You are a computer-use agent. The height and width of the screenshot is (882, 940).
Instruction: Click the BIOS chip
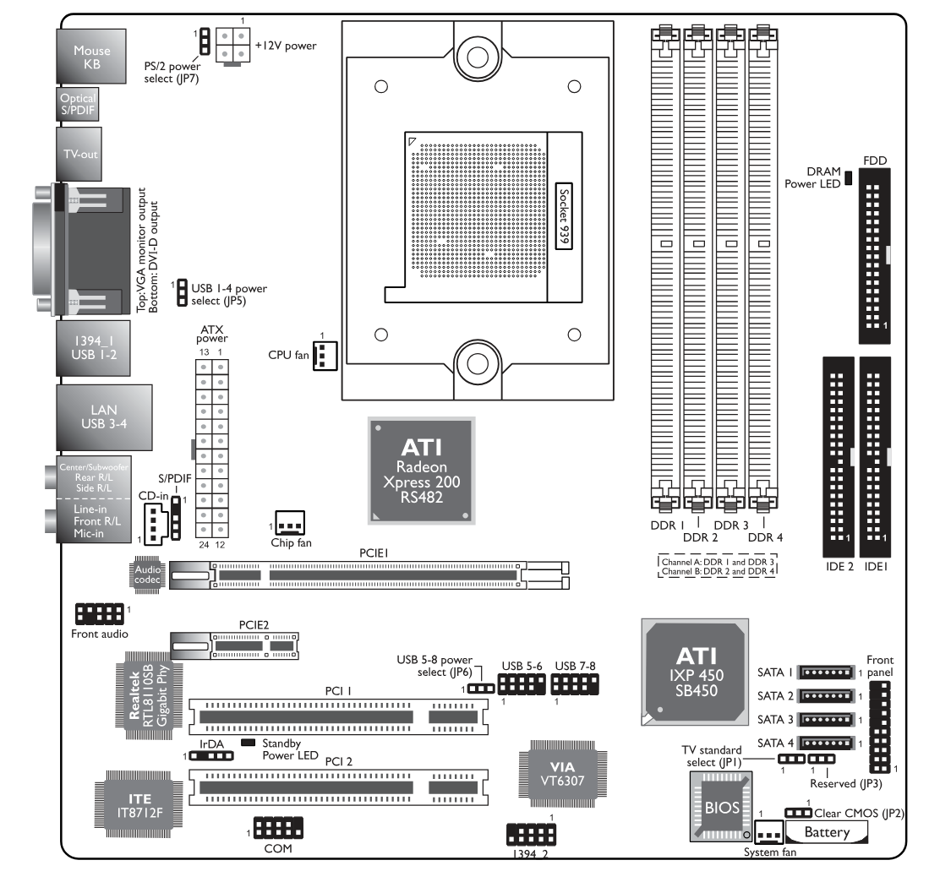tap(721, 807)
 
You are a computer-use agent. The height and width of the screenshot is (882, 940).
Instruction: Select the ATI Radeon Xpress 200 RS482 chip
tap(422, 471)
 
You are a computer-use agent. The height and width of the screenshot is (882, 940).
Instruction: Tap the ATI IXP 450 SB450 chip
tap(696, 672)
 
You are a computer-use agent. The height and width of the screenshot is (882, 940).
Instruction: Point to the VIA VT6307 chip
tap(562, 774)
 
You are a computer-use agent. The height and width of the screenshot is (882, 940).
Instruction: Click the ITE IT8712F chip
tap(139, 805)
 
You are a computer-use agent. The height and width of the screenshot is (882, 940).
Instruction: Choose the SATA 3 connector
tap(826, 720)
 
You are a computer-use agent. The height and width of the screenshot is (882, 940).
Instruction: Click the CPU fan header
tap(325, 356)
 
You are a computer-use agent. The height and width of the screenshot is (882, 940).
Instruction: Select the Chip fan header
tap(290, 523)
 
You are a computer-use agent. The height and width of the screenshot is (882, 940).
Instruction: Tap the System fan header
tap(768, 832)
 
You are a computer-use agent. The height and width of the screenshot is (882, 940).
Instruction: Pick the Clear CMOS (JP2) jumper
tap(799, 813)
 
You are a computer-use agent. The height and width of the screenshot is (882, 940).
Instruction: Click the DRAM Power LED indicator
tap(848, 177)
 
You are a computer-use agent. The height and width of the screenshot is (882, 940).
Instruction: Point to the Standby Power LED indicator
tap(248, 743)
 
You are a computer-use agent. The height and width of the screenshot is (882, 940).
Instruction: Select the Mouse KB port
tap(91, 57)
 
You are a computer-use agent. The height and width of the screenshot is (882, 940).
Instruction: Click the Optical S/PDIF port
tap(77, 104)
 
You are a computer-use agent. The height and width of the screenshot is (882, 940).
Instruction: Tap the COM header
tap(278, 827)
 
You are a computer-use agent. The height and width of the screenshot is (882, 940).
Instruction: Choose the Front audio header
tap(100, 614)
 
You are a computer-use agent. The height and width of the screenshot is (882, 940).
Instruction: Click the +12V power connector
tap(232, 46)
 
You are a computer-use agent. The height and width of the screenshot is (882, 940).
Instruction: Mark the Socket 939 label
tap(564, 215)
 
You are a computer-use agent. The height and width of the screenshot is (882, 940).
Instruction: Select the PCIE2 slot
tap(234, 646)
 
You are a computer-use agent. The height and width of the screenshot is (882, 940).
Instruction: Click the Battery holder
tap(826, 832)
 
